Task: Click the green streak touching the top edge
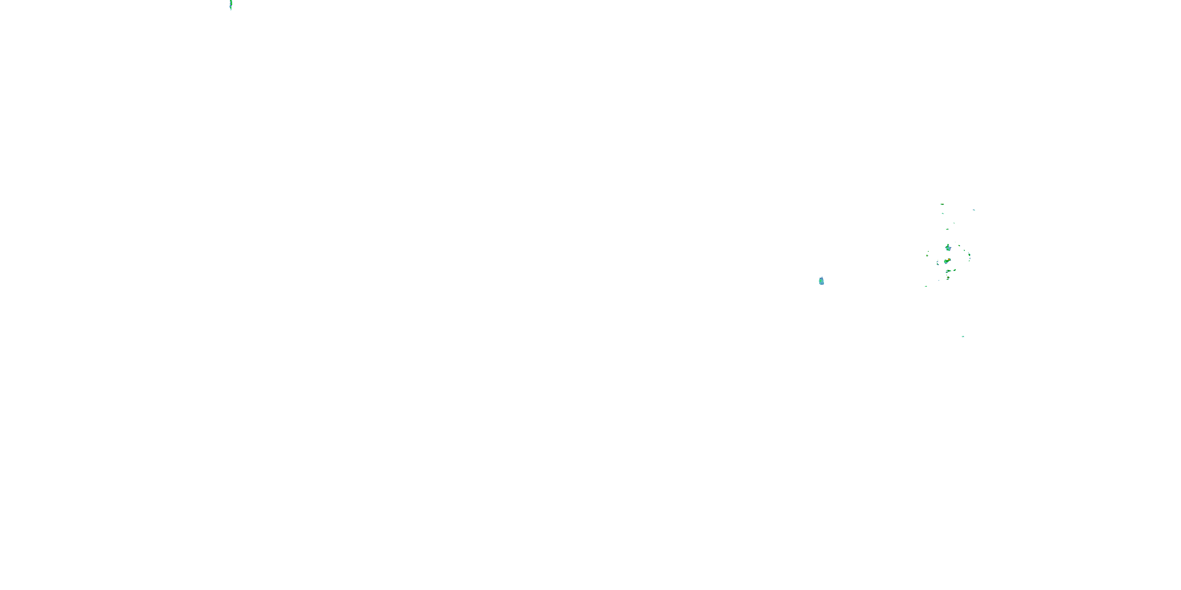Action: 231,4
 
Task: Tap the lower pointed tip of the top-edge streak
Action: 231,9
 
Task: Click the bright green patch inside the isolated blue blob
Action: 821,281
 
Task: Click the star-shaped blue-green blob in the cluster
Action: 949,248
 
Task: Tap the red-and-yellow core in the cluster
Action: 949,260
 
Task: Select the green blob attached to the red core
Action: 946,262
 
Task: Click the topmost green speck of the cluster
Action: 942,204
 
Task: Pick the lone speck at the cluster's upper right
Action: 974,210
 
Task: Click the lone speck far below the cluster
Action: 963,336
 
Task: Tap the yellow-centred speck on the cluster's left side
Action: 927,256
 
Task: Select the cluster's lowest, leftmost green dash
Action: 926,286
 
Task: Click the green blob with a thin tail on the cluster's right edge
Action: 969,255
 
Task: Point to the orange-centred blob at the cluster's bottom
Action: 948,278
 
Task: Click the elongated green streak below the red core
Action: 949,271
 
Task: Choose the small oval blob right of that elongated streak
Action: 955,270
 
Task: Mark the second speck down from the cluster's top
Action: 943,214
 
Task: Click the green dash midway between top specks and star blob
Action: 948,229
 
